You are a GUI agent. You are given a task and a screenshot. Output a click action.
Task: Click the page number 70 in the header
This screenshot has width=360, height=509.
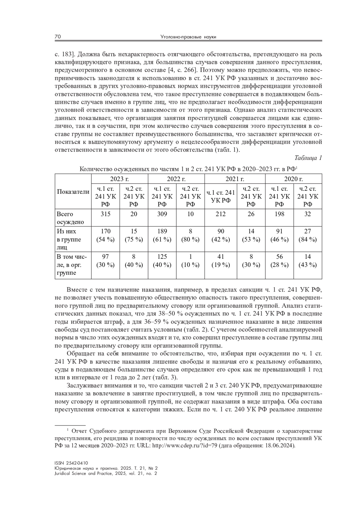[58, 37]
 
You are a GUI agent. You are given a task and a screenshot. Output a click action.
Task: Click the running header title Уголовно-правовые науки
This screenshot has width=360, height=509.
[188, 37]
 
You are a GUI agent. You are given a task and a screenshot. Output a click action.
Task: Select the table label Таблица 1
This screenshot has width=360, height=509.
[308, 158]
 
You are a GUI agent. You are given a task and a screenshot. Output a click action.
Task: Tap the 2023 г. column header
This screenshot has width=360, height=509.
[119, 179]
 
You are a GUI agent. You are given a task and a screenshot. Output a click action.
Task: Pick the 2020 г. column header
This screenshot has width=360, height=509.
[293, 179]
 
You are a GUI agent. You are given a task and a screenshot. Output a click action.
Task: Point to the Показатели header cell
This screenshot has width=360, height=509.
[73, 192]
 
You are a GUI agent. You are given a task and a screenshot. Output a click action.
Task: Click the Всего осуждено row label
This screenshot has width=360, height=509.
[66, 218]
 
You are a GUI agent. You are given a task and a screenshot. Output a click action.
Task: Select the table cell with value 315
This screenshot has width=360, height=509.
[105, 214]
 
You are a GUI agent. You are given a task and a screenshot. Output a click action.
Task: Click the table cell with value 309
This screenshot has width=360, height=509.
[162, 214]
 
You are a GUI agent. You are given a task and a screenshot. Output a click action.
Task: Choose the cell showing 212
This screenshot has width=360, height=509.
[220, 214]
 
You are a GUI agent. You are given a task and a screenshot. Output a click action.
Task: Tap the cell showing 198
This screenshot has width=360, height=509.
[279, 214]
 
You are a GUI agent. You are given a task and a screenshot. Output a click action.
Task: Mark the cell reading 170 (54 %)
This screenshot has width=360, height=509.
[105, 235]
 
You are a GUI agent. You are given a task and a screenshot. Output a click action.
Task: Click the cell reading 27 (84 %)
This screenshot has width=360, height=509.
[307, 235]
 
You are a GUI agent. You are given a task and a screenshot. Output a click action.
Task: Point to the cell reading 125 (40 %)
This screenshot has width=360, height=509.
[162, 261]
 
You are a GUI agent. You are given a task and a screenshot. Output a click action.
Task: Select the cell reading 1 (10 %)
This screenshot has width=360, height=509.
[190, 261]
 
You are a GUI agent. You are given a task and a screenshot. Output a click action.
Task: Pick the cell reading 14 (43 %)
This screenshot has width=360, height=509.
[307, 261]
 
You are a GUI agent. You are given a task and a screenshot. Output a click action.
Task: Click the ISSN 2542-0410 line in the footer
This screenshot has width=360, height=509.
[71, 463]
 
